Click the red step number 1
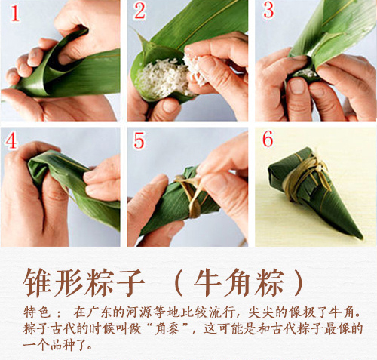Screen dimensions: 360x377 click(13, 13)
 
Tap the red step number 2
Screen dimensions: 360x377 click(139, 12)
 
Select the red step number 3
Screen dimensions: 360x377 click(268, 12)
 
